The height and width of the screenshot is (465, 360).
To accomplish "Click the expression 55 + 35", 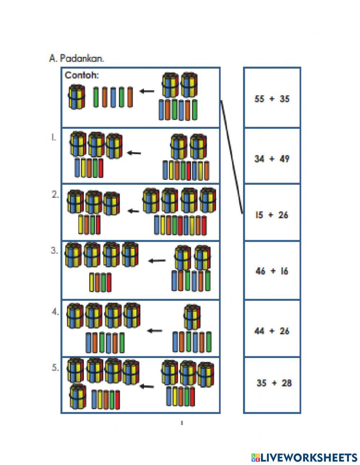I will coord(272,99).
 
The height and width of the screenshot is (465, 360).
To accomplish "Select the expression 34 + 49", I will coord(272,158).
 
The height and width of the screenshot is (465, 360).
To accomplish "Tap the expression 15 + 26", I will coord(272,215).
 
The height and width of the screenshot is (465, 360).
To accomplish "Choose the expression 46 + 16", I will coord(272,271).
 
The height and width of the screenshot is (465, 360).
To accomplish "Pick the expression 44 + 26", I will coord(272,331).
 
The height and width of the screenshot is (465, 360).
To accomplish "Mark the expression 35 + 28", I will coord(274,383).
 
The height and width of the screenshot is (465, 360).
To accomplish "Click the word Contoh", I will coord(82,75).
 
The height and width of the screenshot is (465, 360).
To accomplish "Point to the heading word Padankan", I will coord(82,58).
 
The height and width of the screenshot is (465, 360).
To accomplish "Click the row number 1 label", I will coord(53,137).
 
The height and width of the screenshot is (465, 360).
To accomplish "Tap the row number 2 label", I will coord(55,195).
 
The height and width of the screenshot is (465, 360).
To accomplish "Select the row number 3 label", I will coord(54,251).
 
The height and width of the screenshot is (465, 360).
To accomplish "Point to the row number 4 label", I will coord(55,312).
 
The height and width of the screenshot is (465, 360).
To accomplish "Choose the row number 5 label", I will coord(55,368).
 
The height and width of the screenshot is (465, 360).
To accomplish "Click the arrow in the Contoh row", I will coord(147,91).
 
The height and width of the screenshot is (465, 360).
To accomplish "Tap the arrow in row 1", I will coord(134,153).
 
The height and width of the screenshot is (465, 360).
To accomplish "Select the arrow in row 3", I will coord(157,260).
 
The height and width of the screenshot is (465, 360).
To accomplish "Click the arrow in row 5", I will coord(147,386).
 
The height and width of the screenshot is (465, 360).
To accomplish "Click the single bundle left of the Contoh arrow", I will coord(77,97).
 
